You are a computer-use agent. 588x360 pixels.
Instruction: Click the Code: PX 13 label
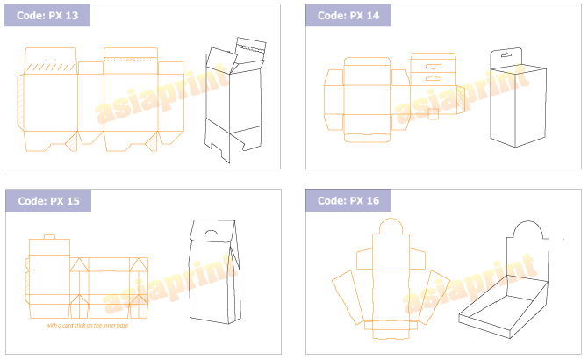[x=47, y=16]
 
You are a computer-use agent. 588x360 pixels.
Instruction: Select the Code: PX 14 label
[x=348, y=16]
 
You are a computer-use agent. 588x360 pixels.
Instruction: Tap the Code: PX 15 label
[x=48, y=201]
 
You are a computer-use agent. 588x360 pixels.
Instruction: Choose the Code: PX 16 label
[x=348, y=201]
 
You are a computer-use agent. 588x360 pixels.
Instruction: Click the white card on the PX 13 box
[x=222, y=60]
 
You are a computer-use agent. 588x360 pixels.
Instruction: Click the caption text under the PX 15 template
[x=89, y=325]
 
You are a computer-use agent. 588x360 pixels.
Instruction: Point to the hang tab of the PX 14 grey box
[x=506, y=55]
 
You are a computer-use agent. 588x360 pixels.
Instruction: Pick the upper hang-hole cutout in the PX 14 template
[x=433, y=66]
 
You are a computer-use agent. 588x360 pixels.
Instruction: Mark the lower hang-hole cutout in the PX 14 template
[x=433, y=78]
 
